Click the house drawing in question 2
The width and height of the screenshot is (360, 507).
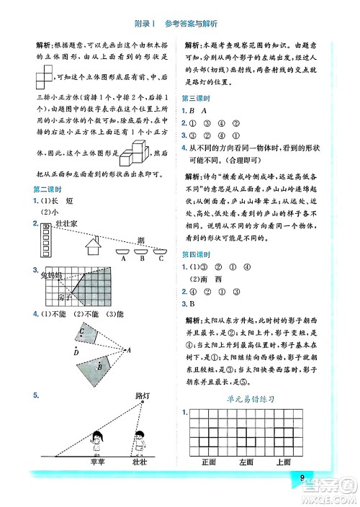94,246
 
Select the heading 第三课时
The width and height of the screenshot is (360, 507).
196,97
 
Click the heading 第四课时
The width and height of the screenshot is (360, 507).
196,255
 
